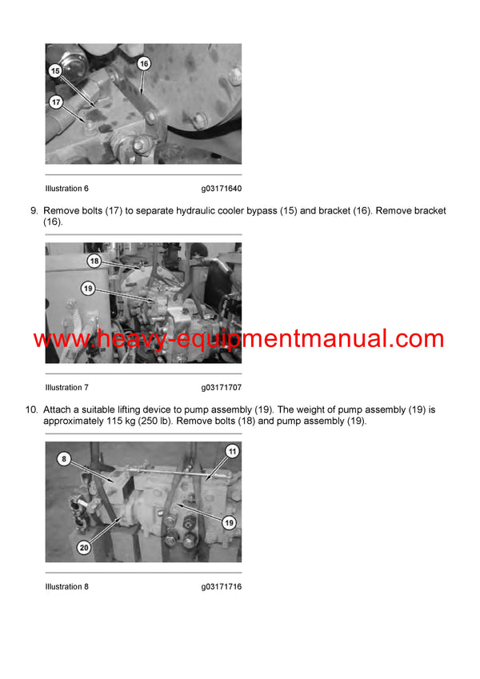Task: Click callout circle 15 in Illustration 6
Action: coord(55,71)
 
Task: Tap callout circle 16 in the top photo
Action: coord(144,63)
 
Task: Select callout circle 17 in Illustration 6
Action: coord(56,102)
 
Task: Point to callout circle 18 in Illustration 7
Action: coord(94,262)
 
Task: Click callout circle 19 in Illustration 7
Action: coord(88,288)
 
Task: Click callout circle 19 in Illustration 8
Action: coord(228,524)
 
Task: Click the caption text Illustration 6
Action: coord(67,189)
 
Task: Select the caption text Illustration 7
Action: coord(67,388)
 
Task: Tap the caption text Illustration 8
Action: coord(67,587)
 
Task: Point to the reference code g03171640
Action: coord(222,189)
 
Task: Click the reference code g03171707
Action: coord(222,388)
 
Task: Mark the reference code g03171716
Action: coord(222,587)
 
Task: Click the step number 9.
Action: coord(34,211)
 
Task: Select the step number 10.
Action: coord(31,410)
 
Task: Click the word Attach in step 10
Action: coord(57,410)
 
